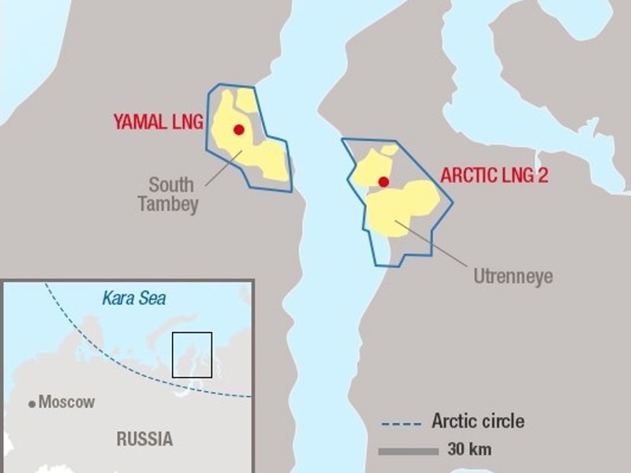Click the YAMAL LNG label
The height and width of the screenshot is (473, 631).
coord(158,122)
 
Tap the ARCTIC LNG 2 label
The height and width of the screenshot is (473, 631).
coord(494,176)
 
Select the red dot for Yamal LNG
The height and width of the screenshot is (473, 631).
coord(239,130)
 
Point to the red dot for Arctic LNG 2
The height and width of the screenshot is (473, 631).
coord(383,182)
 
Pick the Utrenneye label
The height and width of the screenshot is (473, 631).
coord(513,277)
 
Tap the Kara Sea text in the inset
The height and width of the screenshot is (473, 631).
coord(133,298)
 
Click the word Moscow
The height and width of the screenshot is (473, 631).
coord(67,402)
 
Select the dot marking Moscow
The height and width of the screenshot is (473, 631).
coord(32,404)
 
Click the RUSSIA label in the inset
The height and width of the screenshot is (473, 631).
coord(144,439)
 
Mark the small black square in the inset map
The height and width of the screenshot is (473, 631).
coord(192,355)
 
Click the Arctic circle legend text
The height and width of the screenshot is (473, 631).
coord(477,421)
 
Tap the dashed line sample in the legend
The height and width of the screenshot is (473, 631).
coord(401,423)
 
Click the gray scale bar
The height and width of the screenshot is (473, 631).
coord(408,451)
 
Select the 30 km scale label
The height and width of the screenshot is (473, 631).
coord(469,450)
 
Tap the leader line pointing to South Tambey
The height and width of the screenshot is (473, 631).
coord(224,168)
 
